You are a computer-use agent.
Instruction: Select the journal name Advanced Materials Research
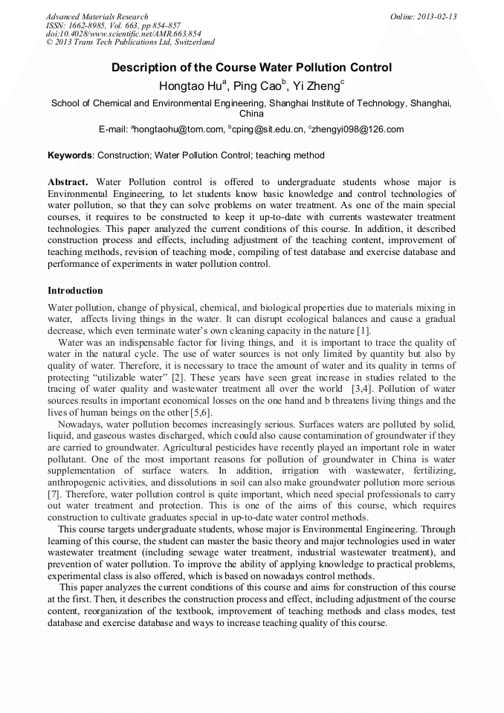click(x=97, y=16)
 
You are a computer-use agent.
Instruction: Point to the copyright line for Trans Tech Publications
click(x=130, y=43)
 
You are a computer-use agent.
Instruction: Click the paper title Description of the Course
click(x=251, y=68)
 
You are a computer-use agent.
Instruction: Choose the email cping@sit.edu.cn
click(x=268, y=129)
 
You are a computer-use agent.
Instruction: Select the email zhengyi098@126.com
click(x=358, y=129)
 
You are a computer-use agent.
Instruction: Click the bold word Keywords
click(x=71, y=156)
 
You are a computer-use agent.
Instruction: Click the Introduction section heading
click(x=75, y=290)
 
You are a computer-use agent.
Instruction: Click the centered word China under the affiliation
click(x=251, y=114)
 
